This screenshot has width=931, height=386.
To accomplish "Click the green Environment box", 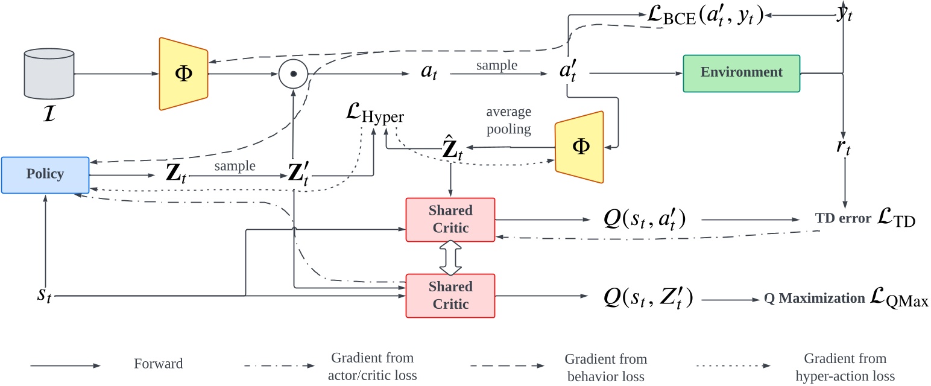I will coord(741,73).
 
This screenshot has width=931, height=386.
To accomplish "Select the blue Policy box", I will coord(45,175).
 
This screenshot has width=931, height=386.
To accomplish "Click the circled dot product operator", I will coord(293,74).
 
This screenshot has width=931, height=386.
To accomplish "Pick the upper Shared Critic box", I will coord(450,220).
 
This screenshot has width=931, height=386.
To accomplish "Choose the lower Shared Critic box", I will coord(450,296).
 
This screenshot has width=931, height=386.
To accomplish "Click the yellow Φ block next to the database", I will coord(183,74).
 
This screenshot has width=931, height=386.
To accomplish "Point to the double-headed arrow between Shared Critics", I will coord(450,258).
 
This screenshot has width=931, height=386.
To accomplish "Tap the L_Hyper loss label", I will coord(374,115).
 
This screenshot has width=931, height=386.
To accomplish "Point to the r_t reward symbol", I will coord(844,148).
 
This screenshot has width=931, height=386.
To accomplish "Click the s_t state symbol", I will coord(44,296).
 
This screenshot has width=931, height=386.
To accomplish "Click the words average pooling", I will coord(509,121).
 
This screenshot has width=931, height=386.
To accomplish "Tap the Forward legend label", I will coord(158,364).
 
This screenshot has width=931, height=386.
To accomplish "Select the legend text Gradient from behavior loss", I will coord(605,367).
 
